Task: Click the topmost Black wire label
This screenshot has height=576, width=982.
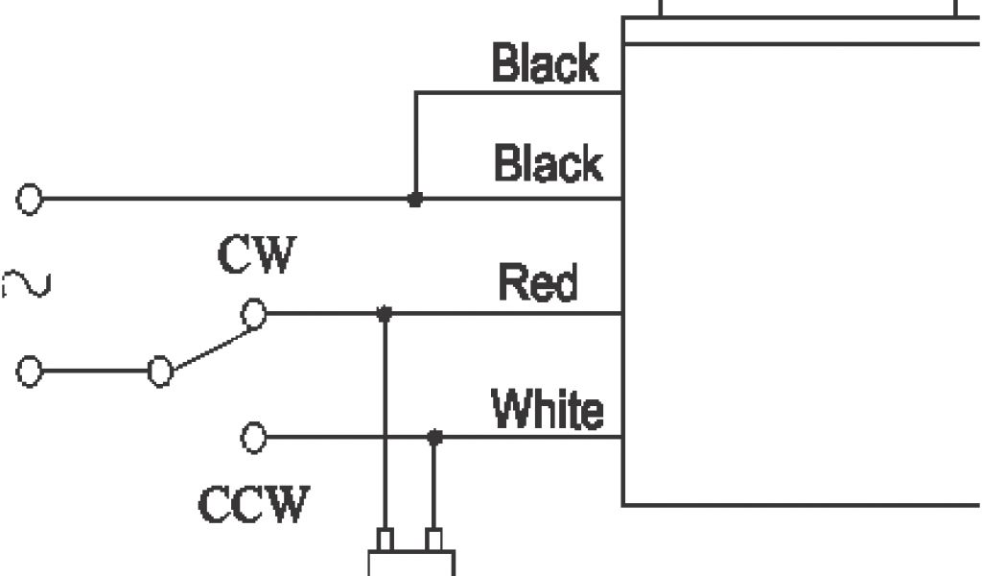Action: click(545, 64)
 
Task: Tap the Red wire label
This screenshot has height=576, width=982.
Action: click(538, 283)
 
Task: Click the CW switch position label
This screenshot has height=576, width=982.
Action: click(257, 255)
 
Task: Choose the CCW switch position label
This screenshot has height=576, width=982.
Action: click(254, 504)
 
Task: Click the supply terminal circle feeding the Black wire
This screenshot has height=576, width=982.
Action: click(30, 200)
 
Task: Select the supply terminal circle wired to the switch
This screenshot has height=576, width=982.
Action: click(30, 372)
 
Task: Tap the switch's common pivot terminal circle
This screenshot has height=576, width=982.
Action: click(160, 372)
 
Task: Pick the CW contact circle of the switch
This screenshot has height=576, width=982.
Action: click(253, 313)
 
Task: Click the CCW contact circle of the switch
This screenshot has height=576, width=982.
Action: click(253, 438)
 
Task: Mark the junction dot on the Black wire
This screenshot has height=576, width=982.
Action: click(414, 200)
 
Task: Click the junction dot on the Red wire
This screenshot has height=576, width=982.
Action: click(385, 313)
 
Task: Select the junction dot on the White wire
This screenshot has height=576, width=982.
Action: click(434, 438)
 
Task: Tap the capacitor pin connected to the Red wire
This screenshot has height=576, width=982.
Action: click(385, 540)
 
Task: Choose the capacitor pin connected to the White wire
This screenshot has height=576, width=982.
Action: click(434, 540)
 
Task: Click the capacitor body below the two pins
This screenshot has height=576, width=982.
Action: click(411, 564)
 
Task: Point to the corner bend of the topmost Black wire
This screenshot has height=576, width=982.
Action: click(415, 93)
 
